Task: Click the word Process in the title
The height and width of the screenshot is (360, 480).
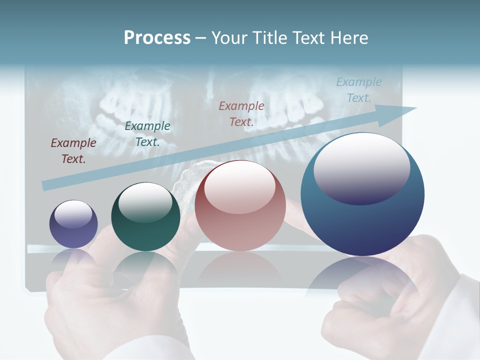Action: [157, 38]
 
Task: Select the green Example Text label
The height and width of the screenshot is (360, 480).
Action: [147, 134]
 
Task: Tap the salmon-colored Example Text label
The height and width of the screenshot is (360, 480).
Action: [241, 113]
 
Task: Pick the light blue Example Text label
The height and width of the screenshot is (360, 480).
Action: [358, 90]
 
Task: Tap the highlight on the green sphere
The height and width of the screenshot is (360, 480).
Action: [145, 201]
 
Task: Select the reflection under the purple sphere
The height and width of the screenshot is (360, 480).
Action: [73, 257]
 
